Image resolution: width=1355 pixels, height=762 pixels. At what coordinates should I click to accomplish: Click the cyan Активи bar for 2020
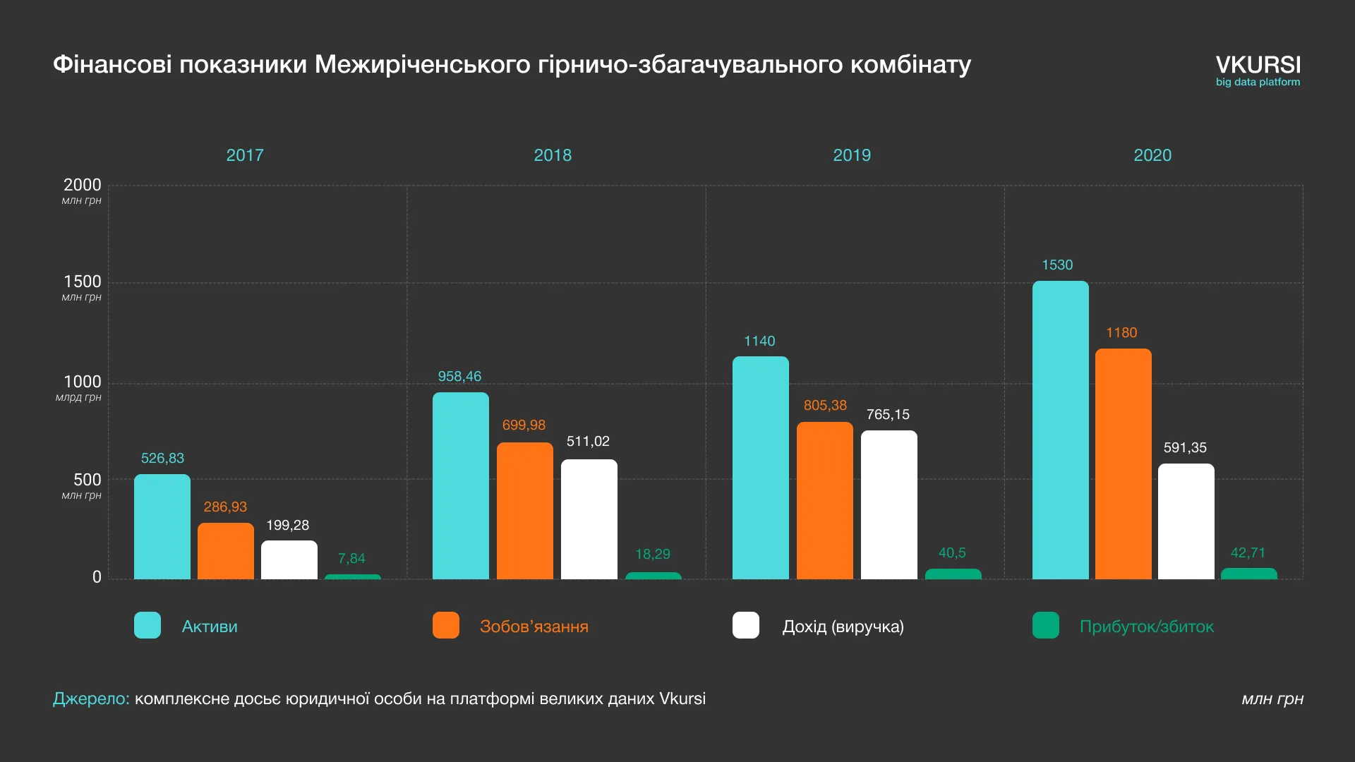1060,430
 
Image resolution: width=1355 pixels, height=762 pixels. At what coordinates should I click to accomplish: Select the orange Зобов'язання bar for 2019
824,501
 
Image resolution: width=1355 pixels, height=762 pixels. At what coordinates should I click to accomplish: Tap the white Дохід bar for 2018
589,519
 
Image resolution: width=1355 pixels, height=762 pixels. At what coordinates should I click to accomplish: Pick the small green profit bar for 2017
352,577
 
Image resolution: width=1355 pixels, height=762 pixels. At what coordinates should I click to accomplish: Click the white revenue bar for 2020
1186,521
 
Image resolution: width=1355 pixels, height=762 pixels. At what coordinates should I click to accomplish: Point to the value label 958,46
459,377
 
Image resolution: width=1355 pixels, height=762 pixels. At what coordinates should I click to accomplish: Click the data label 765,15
888,415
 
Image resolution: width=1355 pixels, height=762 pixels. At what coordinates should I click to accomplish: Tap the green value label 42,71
1248,553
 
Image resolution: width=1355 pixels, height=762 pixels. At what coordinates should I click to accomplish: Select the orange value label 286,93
225,507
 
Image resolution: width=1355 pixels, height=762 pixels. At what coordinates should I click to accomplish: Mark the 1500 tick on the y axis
83,282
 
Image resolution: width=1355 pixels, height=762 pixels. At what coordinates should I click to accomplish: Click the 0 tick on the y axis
97,577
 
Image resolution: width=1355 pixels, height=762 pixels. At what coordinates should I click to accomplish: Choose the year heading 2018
552,155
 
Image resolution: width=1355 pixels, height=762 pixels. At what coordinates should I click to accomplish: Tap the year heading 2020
1152,155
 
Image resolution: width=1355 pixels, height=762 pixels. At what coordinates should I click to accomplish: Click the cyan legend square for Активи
147,625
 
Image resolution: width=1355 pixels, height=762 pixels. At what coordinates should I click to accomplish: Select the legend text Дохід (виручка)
843,627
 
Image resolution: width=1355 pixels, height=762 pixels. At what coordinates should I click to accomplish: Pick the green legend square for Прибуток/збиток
1045,625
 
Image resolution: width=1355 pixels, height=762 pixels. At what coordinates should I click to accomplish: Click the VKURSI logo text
1258,65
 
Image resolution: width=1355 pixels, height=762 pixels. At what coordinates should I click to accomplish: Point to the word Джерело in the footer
91,698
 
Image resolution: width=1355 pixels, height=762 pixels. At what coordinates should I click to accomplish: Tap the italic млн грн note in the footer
1272,699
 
